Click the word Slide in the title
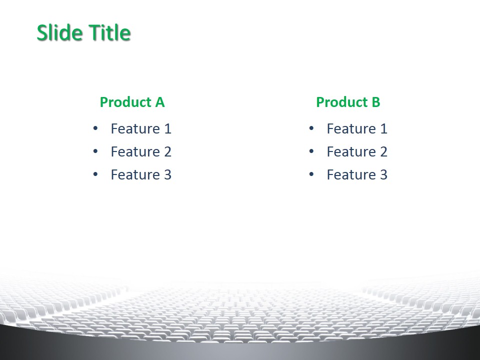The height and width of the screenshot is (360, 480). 60,32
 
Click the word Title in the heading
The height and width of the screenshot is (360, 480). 110,32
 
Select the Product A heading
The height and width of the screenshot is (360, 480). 132,102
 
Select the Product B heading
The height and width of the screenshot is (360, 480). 348,102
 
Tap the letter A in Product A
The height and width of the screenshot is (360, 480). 160,102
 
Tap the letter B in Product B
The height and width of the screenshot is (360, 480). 376,102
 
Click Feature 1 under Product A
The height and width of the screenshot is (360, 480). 141,128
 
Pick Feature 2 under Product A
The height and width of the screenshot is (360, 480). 141,151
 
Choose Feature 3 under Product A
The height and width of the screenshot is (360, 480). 141,175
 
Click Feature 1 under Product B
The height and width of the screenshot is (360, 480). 357,128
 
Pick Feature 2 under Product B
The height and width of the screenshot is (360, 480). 357,151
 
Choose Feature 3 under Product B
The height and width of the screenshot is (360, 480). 357,175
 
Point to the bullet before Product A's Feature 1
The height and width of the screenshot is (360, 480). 95,128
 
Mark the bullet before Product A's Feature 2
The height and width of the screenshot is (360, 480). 95,151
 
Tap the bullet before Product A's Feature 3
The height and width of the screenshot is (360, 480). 95,174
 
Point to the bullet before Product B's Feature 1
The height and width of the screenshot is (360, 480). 311,128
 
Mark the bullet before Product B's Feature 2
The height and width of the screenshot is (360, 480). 311,151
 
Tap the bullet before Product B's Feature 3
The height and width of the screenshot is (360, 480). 311,174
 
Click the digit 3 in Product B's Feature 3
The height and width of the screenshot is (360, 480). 383,175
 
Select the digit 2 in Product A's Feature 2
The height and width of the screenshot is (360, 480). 167,151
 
